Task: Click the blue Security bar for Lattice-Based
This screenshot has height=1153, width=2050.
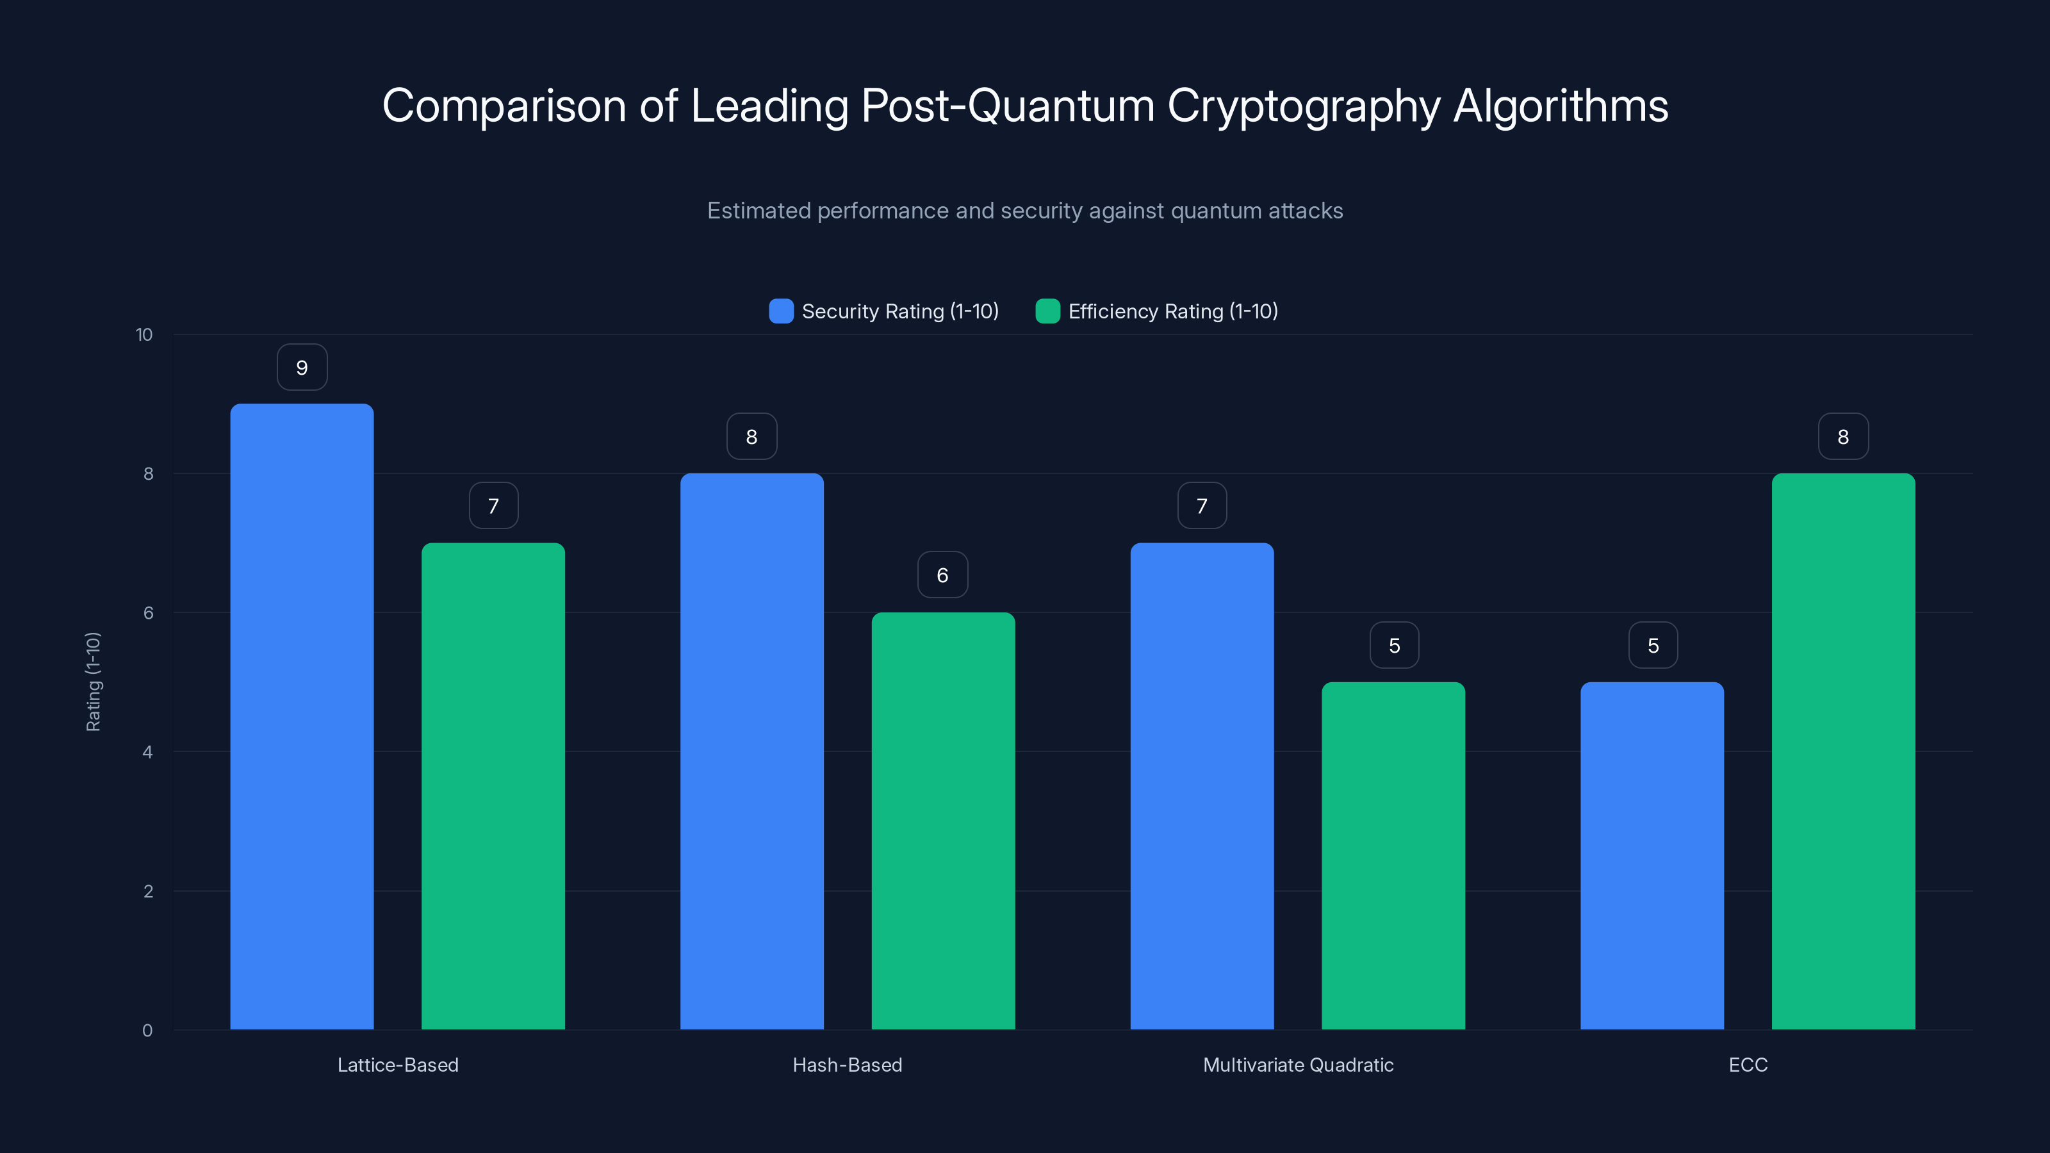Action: (x=302, y=716)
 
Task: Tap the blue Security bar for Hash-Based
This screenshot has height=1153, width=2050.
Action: (x=751, y=751)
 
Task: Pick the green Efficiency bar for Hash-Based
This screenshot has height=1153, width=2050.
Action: (x=943, y=821)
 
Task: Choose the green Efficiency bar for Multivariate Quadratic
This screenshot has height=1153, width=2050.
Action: (x=1393, y=855)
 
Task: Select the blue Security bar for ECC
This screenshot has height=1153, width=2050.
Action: (x=1652, y=855)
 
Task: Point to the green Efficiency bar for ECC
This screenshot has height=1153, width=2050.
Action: (x=1843, y=751)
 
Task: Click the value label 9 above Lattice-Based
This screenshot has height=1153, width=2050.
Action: (x=302, y=368)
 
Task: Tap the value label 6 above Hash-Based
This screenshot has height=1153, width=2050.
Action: (x=942, y=575)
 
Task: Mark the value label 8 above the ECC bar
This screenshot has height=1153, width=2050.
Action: (x=1843, y=437)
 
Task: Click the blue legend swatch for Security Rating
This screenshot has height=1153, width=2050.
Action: (x=781, y=311)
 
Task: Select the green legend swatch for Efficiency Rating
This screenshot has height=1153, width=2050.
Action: (x=1047, y=311)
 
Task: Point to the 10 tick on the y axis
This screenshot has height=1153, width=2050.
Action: (x=144, y=335)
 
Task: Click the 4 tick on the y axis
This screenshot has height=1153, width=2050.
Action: (x=148, y=752)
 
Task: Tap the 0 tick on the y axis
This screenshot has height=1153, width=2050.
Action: (x=147, y=1031)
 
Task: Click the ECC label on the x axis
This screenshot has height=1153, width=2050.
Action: (x=1748, y=1065)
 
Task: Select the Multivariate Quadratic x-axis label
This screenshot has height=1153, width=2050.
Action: (x=1298, y=1065)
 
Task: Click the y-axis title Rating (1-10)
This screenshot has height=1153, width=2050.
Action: (x=93, y=682)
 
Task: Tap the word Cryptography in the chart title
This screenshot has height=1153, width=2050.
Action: (x=1304, y=106)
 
